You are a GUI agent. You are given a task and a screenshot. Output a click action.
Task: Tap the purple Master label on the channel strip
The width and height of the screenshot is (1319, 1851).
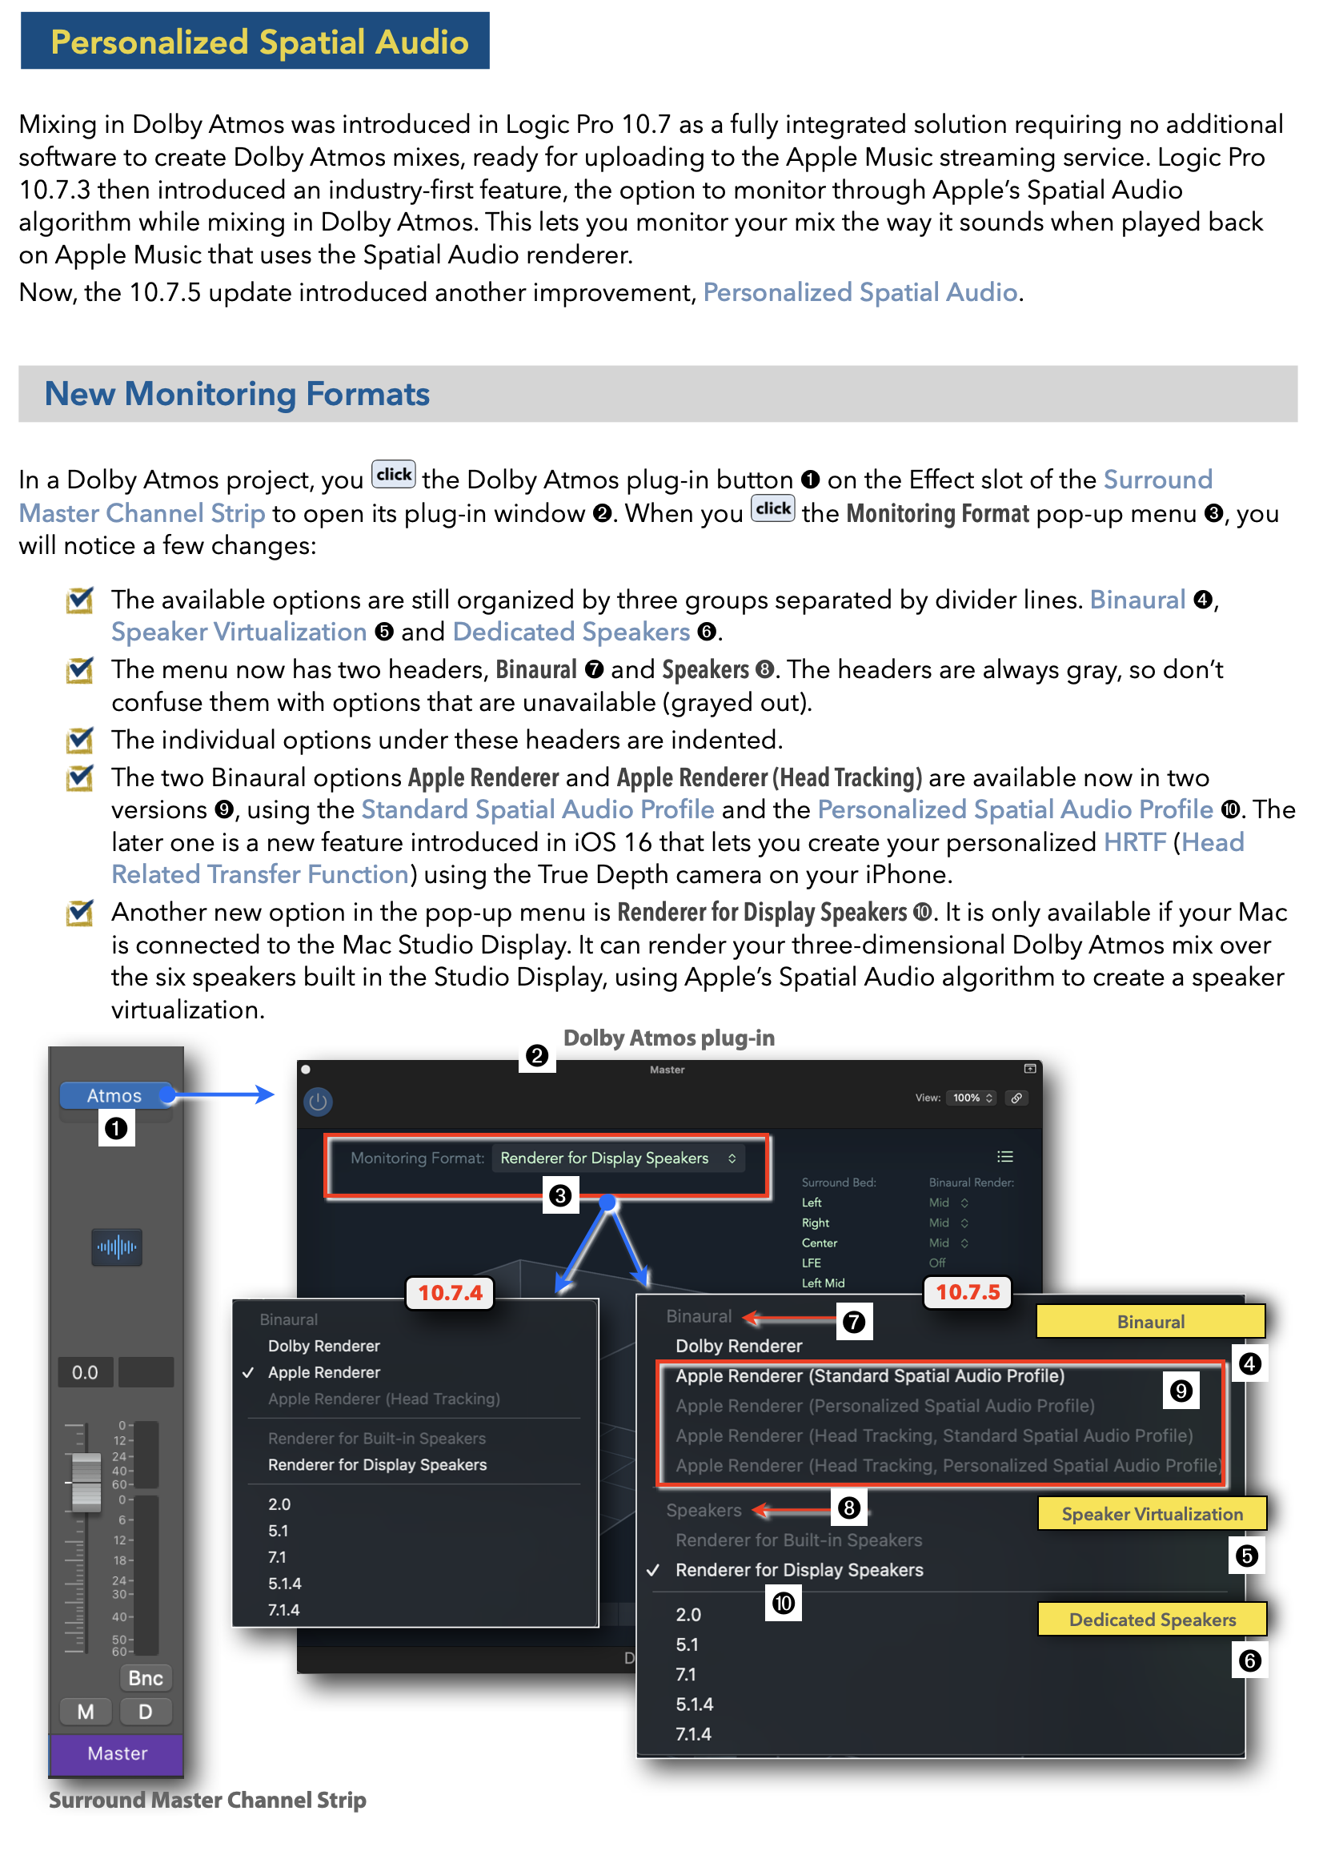pyautogui.click(x=116, y=1753)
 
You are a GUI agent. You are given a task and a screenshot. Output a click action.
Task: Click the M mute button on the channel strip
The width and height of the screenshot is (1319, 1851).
pyautogui.click(x=86, y=1712)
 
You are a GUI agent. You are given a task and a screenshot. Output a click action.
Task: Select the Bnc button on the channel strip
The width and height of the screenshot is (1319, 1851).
pyautogui.click(x=146, y=1677)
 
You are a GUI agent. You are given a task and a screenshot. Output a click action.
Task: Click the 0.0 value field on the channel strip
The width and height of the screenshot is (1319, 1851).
pyautogui.click(x=86, y=1371)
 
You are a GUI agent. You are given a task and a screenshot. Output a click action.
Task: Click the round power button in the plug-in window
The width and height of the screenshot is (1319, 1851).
pyautogui.click(x=318, y=1102)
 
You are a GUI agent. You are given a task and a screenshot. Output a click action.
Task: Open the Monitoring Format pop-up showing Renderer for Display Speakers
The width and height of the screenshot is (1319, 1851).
pyautogui.click(x=618, y=1158)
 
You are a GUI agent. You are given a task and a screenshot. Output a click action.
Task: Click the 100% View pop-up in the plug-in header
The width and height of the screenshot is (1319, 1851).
pyautogui.click(x=972, y=1098)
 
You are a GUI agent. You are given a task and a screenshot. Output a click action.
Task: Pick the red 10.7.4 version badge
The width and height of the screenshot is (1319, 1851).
pyautogui.click(x=450, y=1292)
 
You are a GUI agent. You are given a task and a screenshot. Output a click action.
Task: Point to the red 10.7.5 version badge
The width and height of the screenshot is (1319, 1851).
pyautogui.click(x=968, y=1291)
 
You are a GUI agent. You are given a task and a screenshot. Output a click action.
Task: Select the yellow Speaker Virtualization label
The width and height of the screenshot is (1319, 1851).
pyautogui.click(x=1152, y=1513)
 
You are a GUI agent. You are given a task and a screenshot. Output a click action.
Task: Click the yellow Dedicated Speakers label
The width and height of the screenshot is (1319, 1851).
pyautogui.click(x=1152, y=1619)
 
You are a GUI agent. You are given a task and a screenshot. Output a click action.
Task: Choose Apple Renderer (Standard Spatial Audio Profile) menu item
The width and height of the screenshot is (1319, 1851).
pyautogui.click(x=870, y=1375)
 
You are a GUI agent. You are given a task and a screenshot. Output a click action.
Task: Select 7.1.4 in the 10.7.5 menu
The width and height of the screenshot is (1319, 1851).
pyautogui.click(x=693, y=1733)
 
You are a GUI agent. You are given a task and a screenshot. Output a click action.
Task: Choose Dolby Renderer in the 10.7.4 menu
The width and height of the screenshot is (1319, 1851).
pyautogui.click(x=323, y=1345)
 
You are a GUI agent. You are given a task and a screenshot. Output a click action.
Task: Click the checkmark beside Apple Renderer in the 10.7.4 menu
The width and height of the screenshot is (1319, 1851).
pyautogui.click(x=248, y=1371)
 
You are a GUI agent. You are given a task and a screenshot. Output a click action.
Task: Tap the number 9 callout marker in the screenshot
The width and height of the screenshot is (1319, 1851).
pyautogui.click(x=1180, y=1391)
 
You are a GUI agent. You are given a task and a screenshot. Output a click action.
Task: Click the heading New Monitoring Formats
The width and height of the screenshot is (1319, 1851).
pyautogui.click(x=236, y=394)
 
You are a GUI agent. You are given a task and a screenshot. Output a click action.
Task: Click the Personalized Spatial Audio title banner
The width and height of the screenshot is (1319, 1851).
pyautogui.click(x=255, y=41)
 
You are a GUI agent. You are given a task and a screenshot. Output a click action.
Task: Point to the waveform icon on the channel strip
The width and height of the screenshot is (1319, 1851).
pyautogui.click(x=117, y=1246)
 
